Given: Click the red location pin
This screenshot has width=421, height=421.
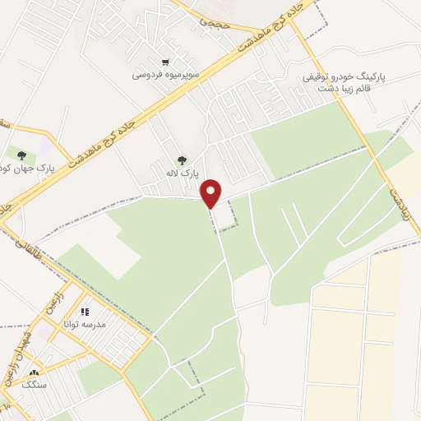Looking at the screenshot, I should (212, 192).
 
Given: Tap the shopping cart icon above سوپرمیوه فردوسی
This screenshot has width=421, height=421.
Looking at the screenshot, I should (165, 62).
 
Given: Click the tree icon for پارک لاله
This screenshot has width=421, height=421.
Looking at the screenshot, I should (182, 160).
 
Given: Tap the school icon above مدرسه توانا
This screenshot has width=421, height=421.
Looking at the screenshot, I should (86, 312).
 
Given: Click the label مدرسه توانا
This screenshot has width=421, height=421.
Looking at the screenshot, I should (85, 325).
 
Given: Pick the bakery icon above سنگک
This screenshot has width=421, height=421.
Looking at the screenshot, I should (34, 373).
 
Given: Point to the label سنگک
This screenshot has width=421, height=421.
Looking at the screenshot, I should (34, 385).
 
